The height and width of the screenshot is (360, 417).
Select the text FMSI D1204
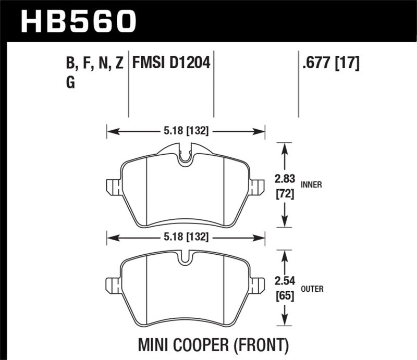coord(171,64)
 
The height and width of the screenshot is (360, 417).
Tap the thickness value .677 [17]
coord(329,64)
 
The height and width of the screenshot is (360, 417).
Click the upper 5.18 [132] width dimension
coord(185,132)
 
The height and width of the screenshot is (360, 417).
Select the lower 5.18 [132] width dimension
coord(185,237)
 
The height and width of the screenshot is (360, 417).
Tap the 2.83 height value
coord(284,179)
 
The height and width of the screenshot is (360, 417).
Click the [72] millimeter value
coord(284,195)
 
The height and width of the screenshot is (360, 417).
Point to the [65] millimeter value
coord(284,297)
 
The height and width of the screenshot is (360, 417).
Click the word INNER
coord(311,184)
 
